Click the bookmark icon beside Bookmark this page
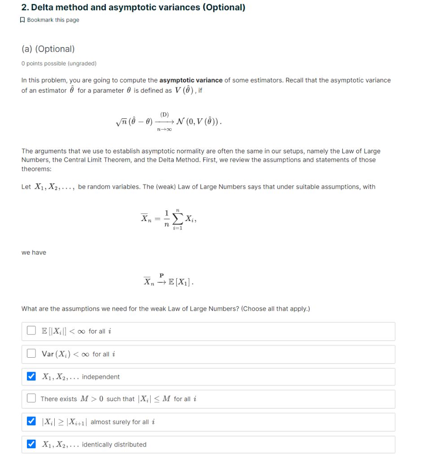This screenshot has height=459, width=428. [x=23, y=20]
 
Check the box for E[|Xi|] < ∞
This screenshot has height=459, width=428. [x=31, y=331]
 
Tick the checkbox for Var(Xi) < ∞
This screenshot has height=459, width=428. [x=31, y=354]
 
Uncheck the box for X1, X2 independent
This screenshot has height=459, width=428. [x=31, y=377]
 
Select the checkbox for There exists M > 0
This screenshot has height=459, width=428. [x=31, y=398]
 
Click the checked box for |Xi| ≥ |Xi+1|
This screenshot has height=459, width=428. [x=31, y=422]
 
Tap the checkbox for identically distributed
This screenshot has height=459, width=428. [x=31, y=444]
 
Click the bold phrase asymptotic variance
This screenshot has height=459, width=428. [x=191, y=80]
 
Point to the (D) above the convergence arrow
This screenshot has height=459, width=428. [x=164, y=114]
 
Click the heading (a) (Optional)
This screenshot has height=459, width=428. [x=48, y=49]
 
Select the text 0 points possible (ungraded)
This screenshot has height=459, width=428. [x=59, y=64]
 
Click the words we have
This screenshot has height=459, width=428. [x=34, y=252]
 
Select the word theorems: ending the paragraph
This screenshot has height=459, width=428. [x=36, y=169]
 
